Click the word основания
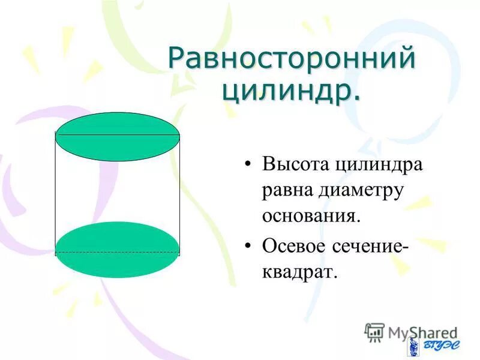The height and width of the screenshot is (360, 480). (x=310, y=216)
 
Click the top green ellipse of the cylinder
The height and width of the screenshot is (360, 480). (x=118, y=147)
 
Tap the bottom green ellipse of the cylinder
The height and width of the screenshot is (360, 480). (x=118, y=237)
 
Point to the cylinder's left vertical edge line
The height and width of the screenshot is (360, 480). (x=56, y=192)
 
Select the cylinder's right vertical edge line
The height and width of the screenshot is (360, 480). (x=179, y=192)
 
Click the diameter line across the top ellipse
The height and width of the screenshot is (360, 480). (x=118, y=135)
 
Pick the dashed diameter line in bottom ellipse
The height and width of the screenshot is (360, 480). (x=118, y=252)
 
